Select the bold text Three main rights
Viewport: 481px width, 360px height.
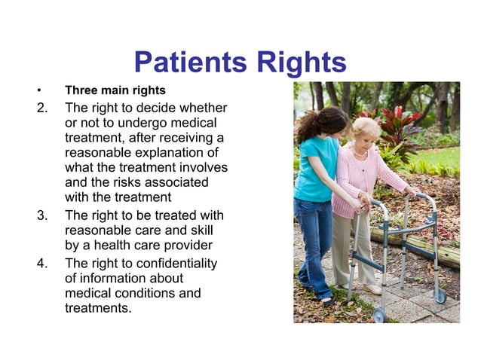pos(115,91)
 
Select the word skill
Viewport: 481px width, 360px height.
pos(196,230)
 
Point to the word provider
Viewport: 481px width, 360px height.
pos(188,246)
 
